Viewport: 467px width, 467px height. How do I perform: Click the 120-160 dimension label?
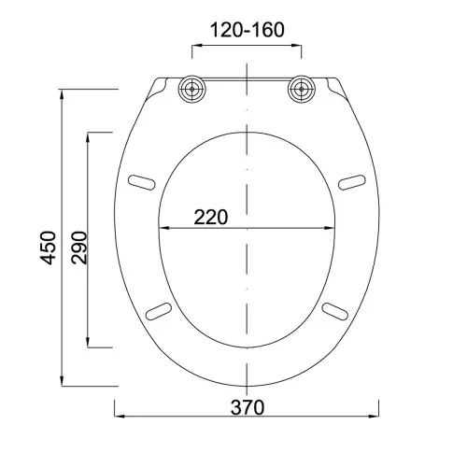coord(248,30)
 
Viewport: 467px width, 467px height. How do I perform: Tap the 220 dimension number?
coord(211,217)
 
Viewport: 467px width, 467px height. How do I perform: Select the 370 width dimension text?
coord(248,407)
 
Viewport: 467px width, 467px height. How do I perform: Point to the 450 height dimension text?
coord(49,248)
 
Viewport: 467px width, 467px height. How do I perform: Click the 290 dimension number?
coord(78,248)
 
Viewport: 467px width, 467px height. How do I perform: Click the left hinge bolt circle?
coord(191,89)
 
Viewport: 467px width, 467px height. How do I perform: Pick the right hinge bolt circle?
coord(302,89)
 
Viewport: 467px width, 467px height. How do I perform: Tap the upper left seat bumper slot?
coord(142,182)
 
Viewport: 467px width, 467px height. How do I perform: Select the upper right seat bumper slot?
coord(352,182)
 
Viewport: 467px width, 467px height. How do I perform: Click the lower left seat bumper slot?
coord(159,311)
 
